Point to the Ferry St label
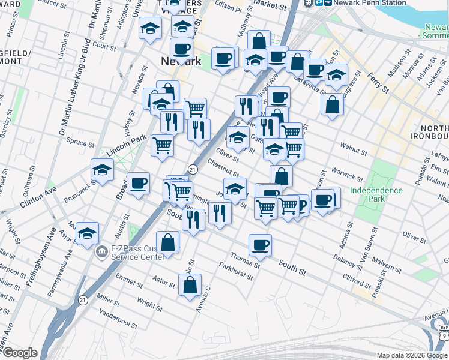(x=379, y=84)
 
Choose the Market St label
(x=270, y=6)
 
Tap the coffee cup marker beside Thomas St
(x=261, y=244)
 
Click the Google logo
(x=20, y=353)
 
